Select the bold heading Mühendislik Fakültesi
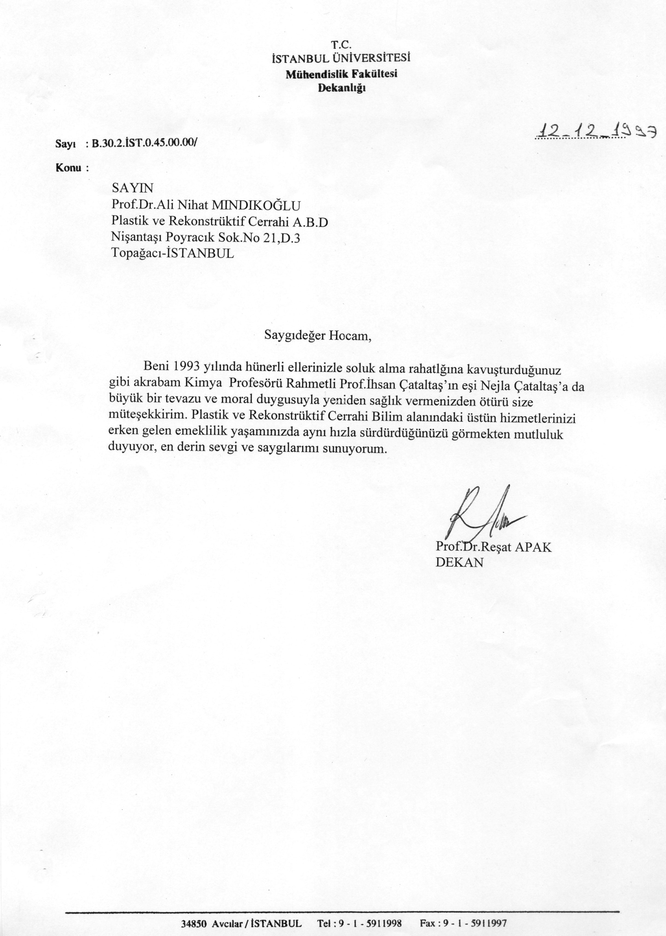341,74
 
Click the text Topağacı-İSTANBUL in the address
172,253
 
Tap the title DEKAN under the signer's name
459,562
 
